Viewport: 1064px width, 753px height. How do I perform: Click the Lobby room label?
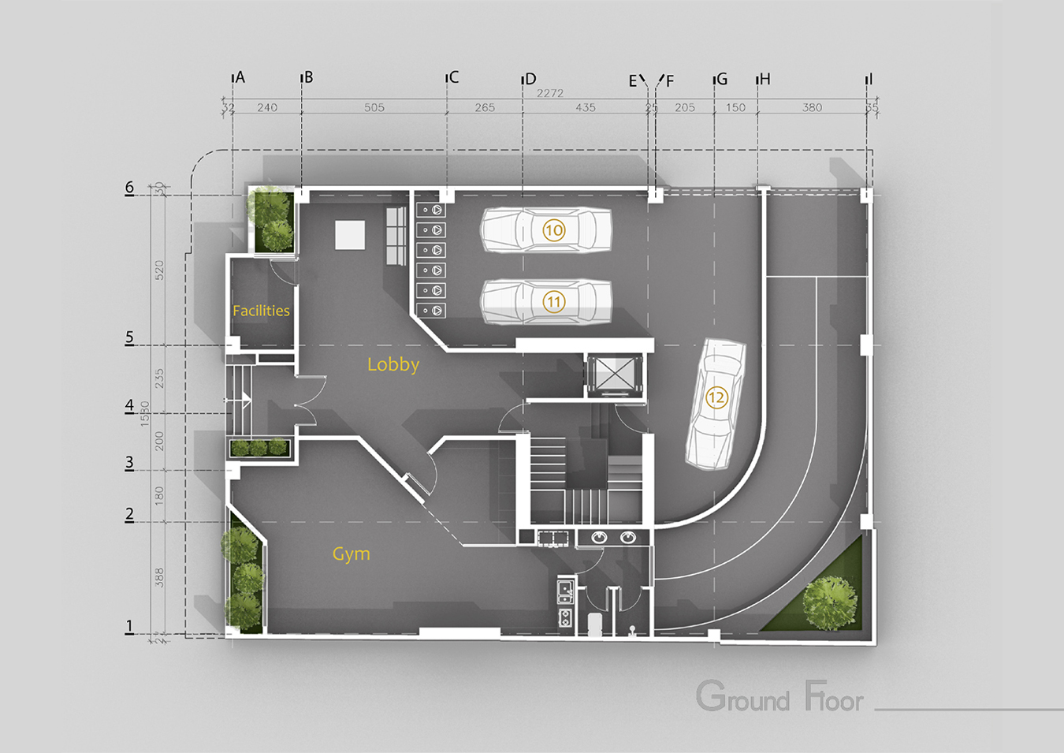coord(392,364)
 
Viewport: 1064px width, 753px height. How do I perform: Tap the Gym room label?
coord(351,554)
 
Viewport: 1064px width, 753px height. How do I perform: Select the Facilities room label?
coord(261,311)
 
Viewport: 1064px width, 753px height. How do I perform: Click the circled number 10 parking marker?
coord(554,230)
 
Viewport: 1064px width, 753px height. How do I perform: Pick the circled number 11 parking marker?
coord(554,302)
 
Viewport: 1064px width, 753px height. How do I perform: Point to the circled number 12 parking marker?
coord(716,397)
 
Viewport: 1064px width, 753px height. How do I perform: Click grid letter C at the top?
coord(453,77)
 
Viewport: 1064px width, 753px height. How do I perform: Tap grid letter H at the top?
coord(765,79)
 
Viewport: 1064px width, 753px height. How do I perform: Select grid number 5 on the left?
coord(129,337)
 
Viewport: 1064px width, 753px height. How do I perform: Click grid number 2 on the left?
coord(129,514)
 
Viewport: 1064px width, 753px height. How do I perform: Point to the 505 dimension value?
coord(374,107)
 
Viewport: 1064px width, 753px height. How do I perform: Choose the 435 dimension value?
coord(586,107)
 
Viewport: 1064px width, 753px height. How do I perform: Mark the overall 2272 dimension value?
coord(550,93)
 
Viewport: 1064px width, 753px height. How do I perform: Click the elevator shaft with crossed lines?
coord(614,375)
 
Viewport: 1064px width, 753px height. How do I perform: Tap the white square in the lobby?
coord(350,235)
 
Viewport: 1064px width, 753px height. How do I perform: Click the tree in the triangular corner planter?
coord(829,602)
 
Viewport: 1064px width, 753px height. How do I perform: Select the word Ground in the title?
coord(742,697)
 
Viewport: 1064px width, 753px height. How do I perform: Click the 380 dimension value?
coord(812,107)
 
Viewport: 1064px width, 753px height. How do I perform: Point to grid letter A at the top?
coord(240,77)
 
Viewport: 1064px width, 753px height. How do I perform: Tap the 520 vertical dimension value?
coord(159,270)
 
